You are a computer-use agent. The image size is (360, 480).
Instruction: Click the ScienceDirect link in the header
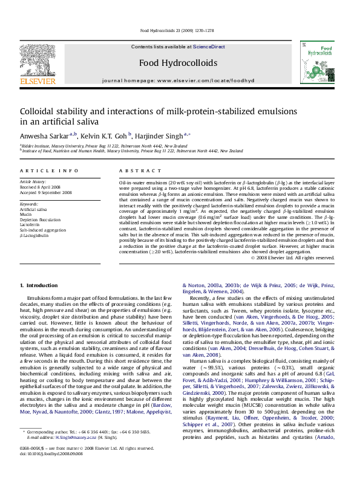pyautogui.click(x=209, y=47)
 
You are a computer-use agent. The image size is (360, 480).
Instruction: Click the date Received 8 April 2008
pyautogui.click(x=42, y=187)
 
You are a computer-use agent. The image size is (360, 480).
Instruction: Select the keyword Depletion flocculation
pyautogui.click(x=44, y=219)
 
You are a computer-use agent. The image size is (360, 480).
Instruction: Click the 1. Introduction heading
pyautogui.click(x=39, y=285)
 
